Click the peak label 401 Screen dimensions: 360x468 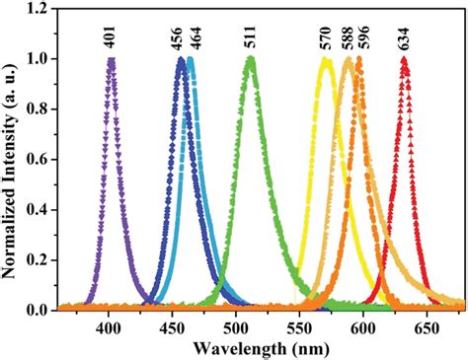[x=112, y=37]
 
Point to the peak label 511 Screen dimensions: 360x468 [x=251, y=37]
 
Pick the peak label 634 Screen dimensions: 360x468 [x=405, y=37]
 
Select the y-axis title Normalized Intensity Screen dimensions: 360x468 [x=13, y=158]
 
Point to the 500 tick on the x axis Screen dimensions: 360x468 [x=237, y=324]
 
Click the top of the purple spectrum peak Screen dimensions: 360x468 [x=112, y=60]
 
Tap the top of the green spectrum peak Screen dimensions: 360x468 [x=251, y=59]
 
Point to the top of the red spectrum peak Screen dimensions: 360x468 [x=405, y=59]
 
